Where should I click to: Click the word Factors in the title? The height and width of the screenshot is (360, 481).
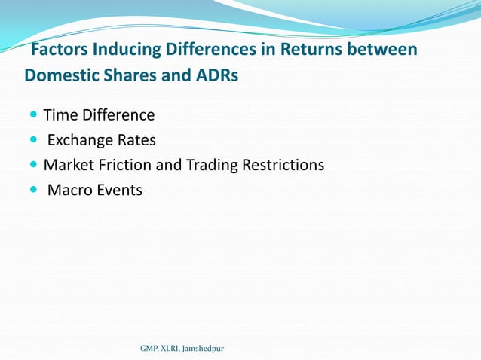[57, 50]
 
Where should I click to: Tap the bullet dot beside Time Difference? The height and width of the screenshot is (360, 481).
[34, 115]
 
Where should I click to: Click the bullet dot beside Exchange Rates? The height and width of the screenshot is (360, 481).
[34, 140]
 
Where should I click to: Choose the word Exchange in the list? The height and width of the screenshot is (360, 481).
[80, 140]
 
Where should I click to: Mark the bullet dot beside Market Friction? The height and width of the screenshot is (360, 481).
[34, 165]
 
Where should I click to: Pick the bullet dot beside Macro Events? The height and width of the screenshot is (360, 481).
[34, 190]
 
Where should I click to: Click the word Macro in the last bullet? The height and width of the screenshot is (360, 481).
[69, 190]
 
